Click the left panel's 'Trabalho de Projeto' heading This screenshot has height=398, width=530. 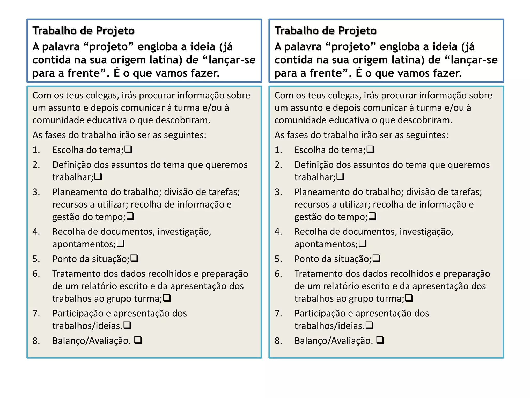[83, 31]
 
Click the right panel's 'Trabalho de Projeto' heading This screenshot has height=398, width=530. [325, 31]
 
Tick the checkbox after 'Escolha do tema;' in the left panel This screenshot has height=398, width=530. [128, 150]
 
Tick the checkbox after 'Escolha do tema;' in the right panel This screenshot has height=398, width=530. [370, 150]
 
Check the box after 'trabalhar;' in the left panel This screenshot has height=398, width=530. [98, 177]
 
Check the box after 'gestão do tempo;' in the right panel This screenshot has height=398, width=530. [372, 216]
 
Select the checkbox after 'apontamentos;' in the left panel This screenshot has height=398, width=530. [121, 244]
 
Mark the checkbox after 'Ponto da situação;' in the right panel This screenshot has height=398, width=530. [376, 258]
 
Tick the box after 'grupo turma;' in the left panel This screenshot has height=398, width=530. [167, 298]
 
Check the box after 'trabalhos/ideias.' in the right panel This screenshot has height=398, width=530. [369, 325]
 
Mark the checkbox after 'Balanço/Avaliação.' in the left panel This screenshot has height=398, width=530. [138, 340]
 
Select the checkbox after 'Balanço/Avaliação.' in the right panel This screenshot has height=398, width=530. [380, 340]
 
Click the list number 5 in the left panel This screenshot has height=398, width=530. [36, 259]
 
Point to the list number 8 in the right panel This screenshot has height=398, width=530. [278, 340]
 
